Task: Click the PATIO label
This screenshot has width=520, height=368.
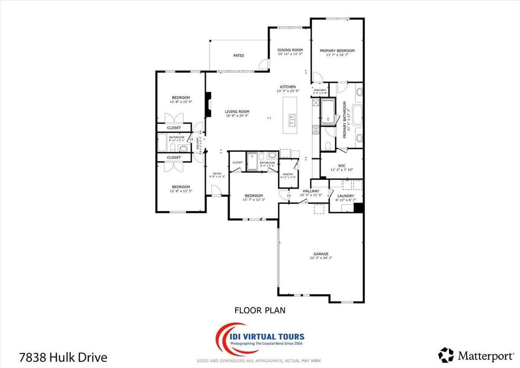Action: pyautogui.click(x=238, y=56)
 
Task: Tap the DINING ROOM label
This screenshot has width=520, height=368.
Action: pyautogui.click(x=290, y=50)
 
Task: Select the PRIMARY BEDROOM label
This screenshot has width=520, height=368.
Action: pyautogui.click(x=340, y=51)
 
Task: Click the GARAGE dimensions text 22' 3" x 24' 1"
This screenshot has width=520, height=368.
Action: pyautogui.click(x=320, y=258)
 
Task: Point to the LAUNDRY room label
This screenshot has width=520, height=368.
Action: pyautogui.click(x=346, y=196)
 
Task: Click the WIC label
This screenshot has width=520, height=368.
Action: pyautogui.click(x=341, y=165)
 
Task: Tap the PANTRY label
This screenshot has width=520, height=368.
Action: pyautogui.click(x=288, y=174)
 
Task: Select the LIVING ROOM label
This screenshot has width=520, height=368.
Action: pyautogui.click(x=237, y=112)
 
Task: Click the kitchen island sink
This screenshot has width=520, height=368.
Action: pyautogui.click(x=292, y=120)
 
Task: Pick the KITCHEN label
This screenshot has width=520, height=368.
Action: pyautogui.click(x=288, y=87)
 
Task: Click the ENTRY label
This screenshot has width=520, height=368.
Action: pyautogui.click(x=217, y=173)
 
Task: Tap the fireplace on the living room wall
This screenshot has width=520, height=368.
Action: pyautogui.click(x=208, y=105)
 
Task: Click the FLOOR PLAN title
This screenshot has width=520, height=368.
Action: pyautogui.click(x=260, y=310)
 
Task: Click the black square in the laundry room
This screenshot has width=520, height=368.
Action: pyautogui.click(x=358, y=208)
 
